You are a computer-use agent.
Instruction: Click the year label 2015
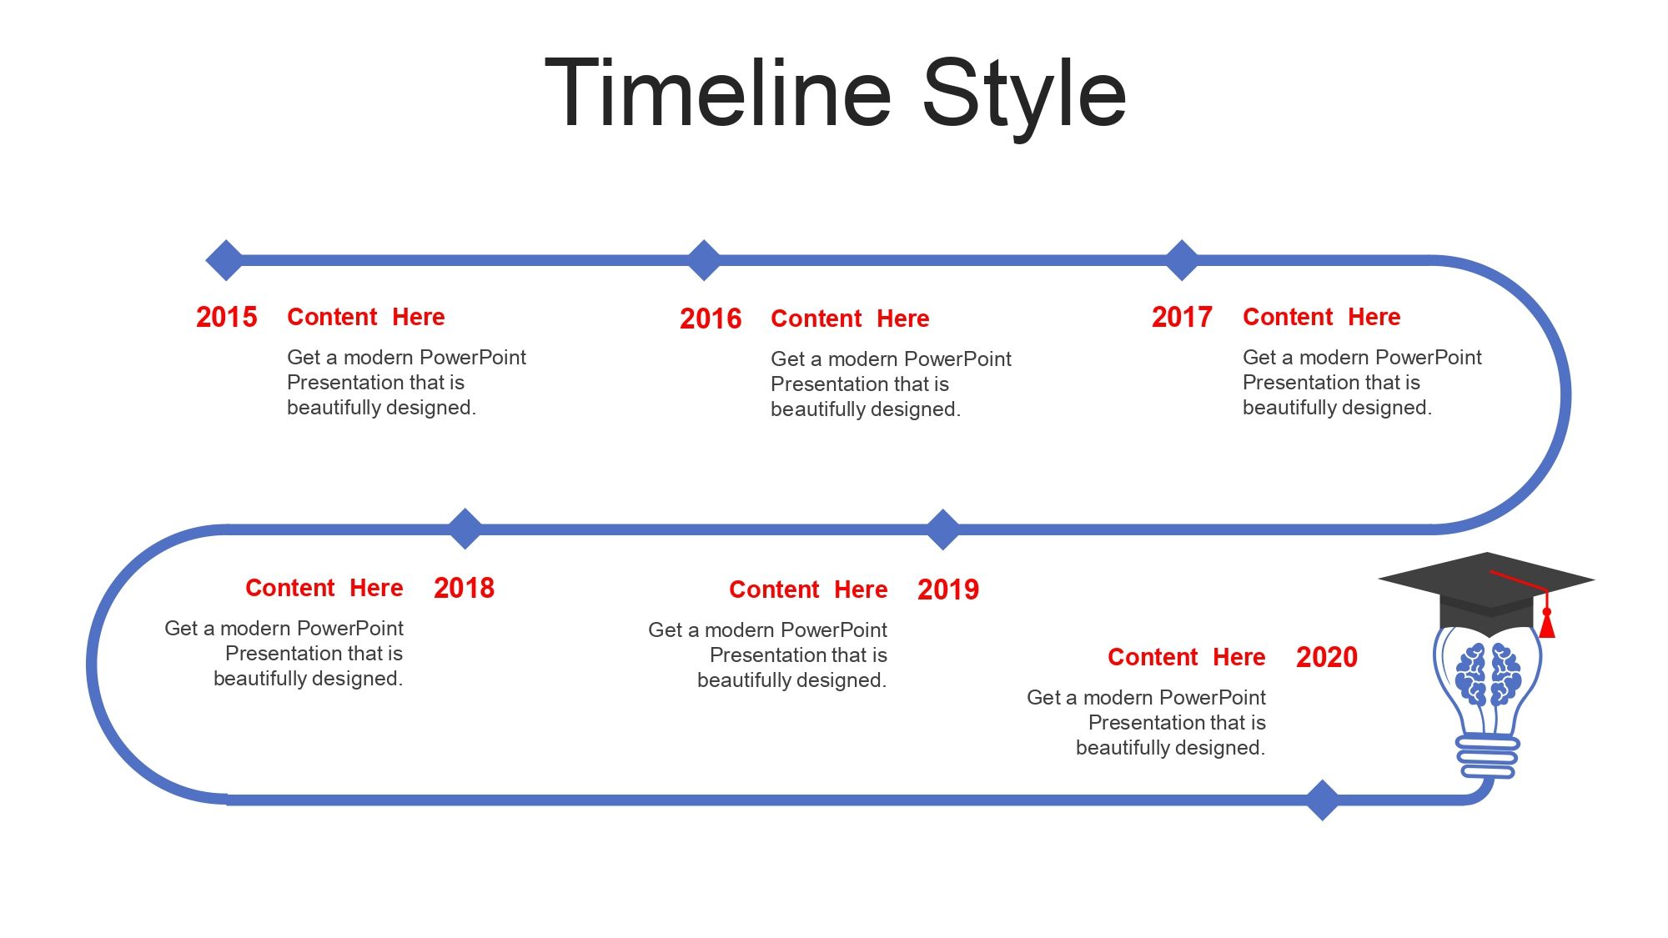(x=227, y=317)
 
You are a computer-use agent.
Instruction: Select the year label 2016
(x=711, y=319)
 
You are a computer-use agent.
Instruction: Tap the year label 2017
(x=1182, y=317)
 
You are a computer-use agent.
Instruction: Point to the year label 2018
(x=464, y=588)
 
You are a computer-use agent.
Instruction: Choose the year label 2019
(x=948, y=589)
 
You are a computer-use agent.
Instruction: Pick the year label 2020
(x=1327, y=657)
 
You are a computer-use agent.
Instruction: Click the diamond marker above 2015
(x=225, y=260)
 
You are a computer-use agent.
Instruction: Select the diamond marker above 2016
(x=704, y=260)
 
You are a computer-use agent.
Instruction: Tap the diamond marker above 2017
(x=1182, y=260)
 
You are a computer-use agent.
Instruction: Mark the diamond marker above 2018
(x=465, y=529)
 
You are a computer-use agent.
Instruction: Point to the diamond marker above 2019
(x=943, y=529)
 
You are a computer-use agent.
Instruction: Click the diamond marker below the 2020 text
(x=1322, y=800)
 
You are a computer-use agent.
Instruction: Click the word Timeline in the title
(x=718, y=93)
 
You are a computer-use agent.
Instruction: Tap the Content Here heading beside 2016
(x=850, y=319)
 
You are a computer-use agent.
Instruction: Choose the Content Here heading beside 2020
(x=1186, y=657)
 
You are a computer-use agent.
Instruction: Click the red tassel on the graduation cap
(x=1547, y=623)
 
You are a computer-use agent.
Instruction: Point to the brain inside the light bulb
(x=1488, y=674)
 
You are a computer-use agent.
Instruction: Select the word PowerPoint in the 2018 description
(x=350, y=628)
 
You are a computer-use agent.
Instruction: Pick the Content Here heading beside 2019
(x=808, y=589)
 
